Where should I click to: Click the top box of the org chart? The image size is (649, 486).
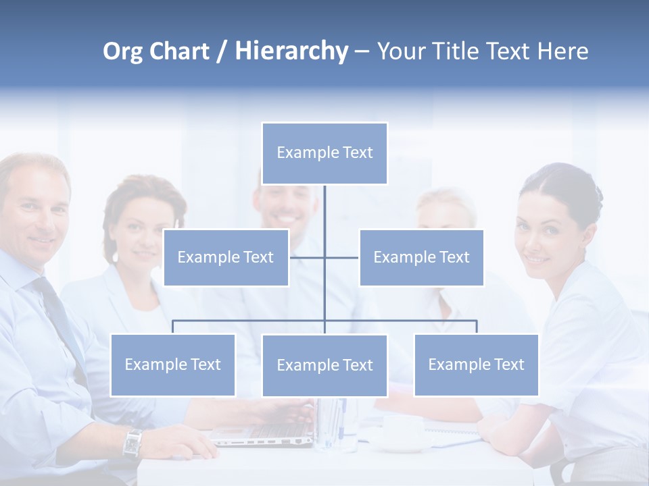[x=324, y=153]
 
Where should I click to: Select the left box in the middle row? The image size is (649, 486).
[x=226, y=257]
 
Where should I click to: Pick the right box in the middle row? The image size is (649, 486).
[x=421, y=257]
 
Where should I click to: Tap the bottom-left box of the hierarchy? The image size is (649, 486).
[x=172, y=364]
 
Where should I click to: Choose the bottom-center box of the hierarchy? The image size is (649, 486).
[x=324, y=365]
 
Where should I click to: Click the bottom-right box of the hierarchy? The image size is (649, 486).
[x=476, y=364]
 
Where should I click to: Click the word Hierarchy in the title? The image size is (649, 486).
[x=291, y=51]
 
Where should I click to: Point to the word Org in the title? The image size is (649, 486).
[x=122, y=51]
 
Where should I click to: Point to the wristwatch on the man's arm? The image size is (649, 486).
[x=132, y=443]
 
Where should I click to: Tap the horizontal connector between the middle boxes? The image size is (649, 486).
[x=324, y=257]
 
